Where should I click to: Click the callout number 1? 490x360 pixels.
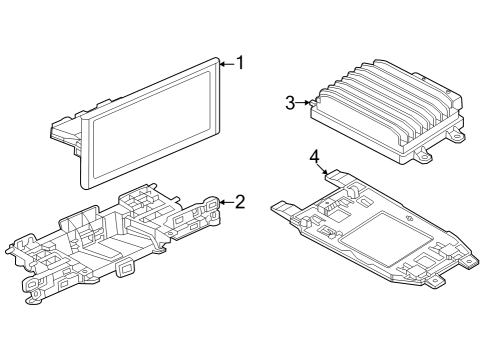[x=240, y=63]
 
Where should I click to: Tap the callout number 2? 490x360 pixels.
[x=240, y=202]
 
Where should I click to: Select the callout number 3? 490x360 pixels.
[x=290, y=103]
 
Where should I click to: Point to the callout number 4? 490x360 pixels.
[x=314, y=157]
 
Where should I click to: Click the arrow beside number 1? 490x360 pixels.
[x=227, y=63]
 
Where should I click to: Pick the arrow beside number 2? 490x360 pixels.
[x=227, y=202]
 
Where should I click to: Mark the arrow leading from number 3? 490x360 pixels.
[x=303, y=103]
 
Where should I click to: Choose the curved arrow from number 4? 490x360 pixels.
[x=321, y=169]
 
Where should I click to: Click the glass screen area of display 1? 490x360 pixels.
[x=152, y=123]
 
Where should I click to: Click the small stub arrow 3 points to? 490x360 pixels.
[x=313, y=103]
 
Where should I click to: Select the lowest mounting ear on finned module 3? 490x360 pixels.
[x=423, y=155]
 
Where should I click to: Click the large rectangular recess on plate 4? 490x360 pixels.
[x=387, y=239]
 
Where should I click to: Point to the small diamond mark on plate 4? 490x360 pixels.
[x=409, y=219]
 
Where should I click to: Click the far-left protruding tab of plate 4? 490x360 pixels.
[x=282, y=208]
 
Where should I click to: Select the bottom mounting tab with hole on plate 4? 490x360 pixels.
[x=435, y=282]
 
